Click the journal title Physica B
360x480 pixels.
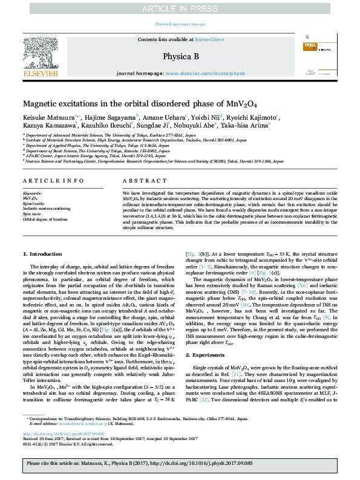point(180,56)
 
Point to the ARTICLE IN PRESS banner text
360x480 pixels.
point(180,8)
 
